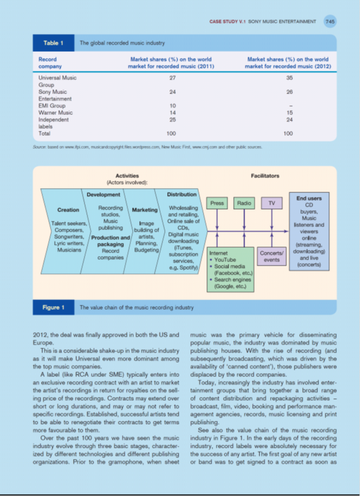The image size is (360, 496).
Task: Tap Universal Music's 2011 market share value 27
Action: point(172,78)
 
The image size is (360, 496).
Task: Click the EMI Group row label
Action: point(52,106)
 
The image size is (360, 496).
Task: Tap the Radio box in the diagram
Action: point(244,204)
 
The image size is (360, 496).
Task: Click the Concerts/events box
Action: point(271,257)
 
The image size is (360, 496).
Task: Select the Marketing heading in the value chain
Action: point(144,210)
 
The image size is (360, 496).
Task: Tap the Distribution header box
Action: point(181,194)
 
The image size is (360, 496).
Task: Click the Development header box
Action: point(104,194)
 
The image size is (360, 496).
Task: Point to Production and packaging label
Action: point(109,241)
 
